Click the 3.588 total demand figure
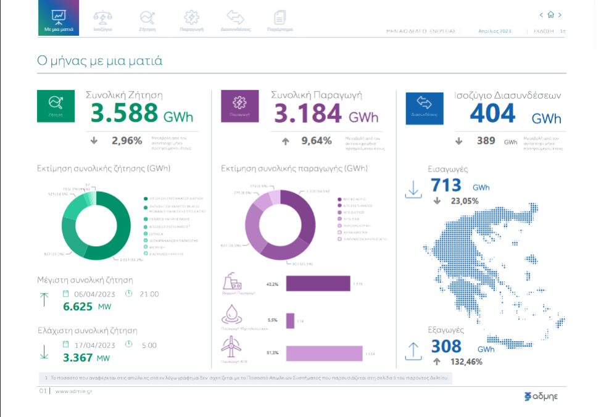pyautogui.click(x=125, y=114)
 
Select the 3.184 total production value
pyautogui.click(x=307, y=114)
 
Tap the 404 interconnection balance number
pyautogui.click(x=492, y=114)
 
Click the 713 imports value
pyautogui.click(x=446, y=185)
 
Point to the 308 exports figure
pyautogui.click(x=446, y=347)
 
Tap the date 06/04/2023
pyautogui.click(x=94, y=294)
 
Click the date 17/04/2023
pyautogui.click(x=94, y=345)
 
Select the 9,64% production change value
pyautogui.click(x=317, y=141)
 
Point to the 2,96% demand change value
pyautogui.click(x=126, y=141)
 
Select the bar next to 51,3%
pyautogui.click(x=324, y=353)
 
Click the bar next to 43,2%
pyautogui.click(x=318, y=284)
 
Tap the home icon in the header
pyautogui.click(x=550, y=15)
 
